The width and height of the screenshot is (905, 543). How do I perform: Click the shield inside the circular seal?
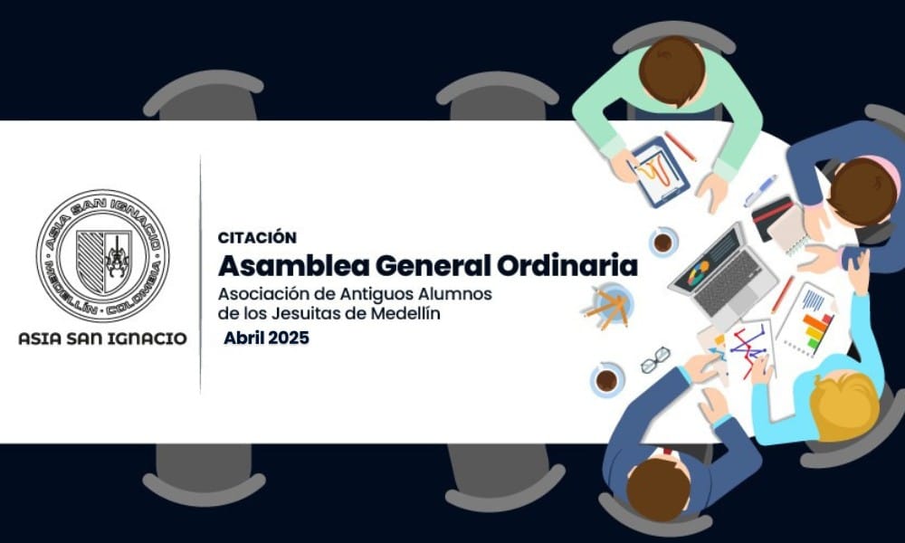point(104,261)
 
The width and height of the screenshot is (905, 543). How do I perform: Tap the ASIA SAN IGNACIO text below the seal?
point(103,338)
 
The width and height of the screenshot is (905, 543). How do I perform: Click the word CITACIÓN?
point(257,237)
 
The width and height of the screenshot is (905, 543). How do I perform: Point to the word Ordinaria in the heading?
point(567,265)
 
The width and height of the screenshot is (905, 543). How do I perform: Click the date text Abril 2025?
point(267,338)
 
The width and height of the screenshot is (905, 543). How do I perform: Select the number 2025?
point(288,338)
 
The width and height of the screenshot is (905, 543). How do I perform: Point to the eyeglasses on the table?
point(655,359)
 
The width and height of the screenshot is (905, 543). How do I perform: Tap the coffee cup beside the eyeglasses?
point(606,380)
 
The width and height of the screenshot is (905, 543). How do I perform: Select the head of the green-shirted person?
point(672,71)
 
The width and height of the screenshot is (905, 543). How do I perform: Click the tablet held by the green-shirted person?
point(660,171)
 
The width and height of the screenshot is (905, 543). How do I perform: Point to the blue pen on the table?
point(760,191)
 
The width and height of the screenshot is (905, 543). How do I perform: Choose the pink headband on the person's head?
point(881,167)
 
